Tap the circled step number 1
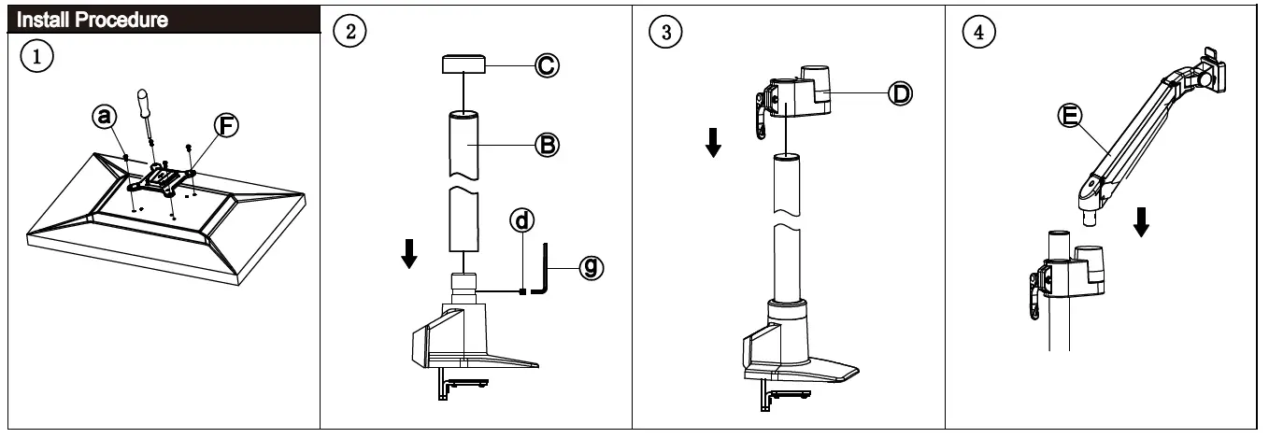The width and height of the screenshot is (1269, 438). (x=36, y=55)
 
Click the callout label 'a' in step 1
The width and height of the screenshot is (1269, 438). (x=105, y=116)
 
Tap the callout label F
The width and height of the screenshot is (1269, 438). (x=225, y=125)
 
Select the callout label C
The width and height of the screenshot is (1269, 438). (x=547, y=64)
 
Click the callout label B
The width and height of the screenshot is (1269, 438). (x=547, y=143)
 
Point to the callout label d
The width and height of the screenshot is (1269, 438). (x=523, y=220)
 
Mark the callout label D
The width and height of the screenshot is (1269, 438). (x=901, y=92)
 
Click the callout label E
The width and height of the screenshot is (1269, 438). (x=1071, y=115)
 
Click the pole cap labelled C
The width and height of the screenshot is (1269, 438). (x=463, y=65)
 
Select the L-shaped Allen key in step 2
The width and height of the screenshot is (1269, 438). (x=542, y=272)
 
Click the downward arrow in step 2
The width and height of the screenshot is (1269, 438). (x=408, y=252)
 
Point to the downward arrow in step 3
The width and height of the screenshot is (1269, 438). (x=713, y=143)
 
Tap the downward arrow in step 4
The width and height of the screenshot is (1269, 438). (x=1141, y=222)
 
